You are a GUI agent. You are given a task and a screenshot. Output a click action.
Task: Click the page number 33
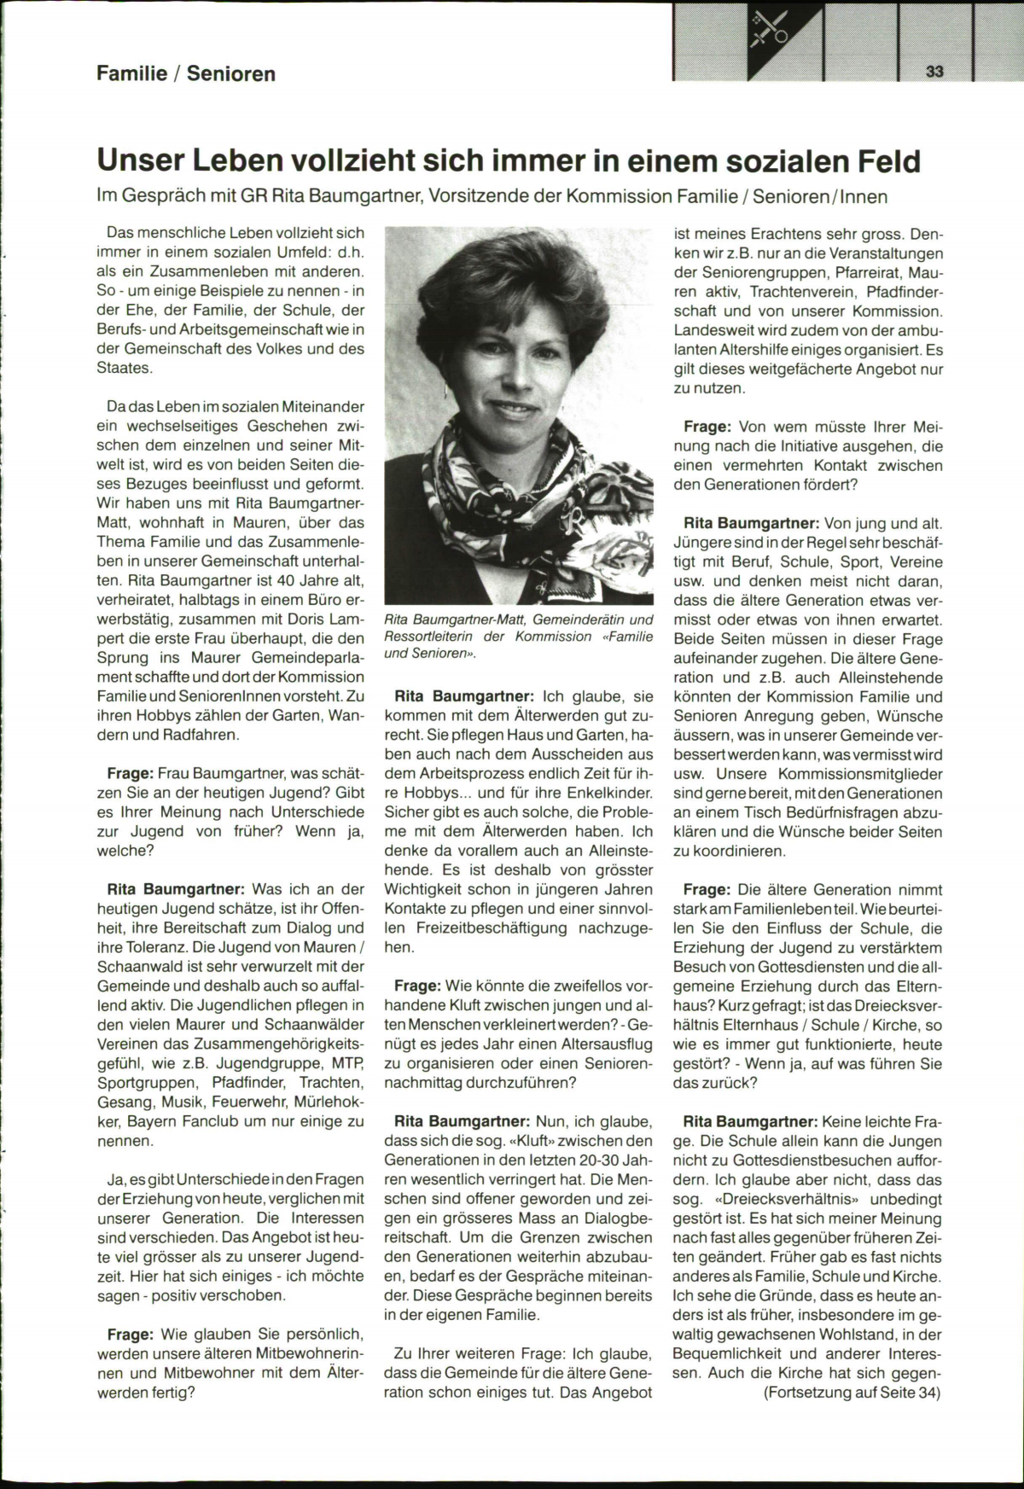[934, 72]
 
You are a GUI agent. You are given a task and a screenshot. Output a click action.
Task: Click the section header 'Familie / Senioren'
[186, 73]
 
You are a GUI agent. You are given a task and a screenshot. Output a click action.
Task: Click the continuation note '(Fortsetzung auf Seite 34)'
[852, 1393]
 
